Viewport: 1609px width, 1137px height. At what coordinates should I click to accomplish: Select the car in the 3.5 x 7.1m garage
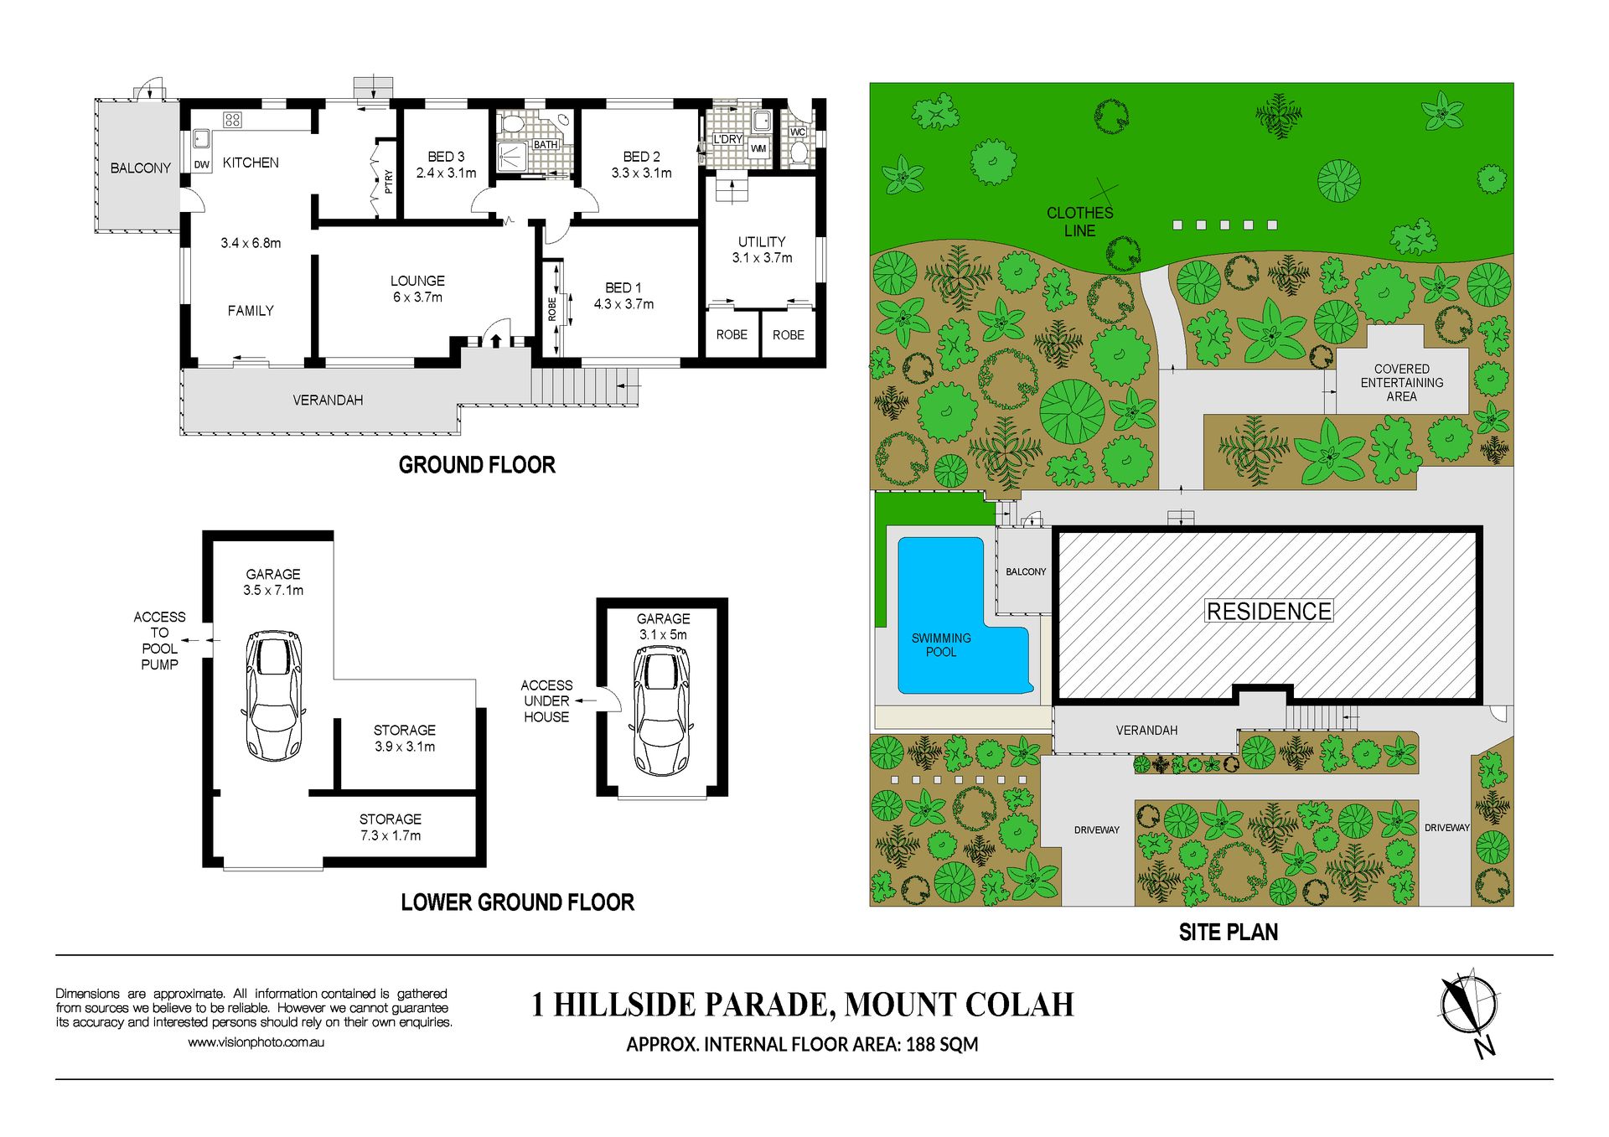tap(273, 695)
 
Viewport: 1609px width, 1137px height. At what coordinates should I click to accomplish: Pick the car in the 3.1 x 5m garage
tap(662, 711)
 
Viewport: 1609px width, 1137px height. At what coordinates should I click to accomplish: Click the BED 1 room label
tap(623, 287)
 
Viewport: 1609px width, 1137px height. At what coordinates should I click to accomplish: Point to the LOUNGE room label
tap(417, 281)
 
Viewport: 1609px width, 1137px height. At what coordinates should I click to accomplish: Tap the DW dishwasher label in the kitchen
tap(202, 165)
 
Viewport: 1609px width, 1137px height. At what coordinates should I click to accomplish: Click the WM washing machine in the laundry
tap(758, 148)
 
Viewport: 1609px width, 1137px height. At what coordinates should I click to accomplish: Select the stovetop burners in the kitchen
tap(233, 120)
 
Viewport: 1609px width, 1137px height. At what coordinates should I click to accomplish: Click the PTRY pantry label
tap(388, 182)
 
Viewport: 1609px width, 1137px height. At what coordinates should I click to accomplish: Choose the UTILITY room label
tap(762, 241)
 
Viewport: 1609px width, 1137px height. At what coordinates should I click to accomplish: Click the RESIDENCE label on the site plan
tap(1269, 612)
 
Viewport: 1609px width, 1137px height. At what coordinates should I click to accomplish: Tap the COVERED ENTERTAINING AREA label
tap(1402, 382)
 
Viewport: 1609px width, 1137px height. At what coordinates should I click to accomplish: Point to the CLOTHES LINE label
tap(1079, 221)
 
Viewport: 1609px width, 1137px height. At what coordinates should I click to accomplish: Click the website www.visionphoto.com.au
tap(256, 1042)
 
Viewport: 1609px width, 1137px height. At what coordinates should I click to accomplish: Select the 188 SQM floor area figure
tap(942, 1044)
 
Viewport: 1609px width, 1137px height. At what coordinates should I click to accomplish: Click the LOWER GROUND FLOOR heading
tap(517, 902)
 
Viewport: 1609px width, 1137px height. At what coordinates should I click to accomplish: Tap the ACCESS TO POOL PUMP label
tap(159, 640)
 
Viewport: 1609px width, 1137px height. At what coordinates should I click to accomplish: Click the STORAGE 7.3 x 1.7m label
tap(391, 827)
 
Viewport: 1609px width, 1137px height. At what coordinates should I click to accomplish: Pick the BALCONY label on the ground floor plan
tap(140, 168)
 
